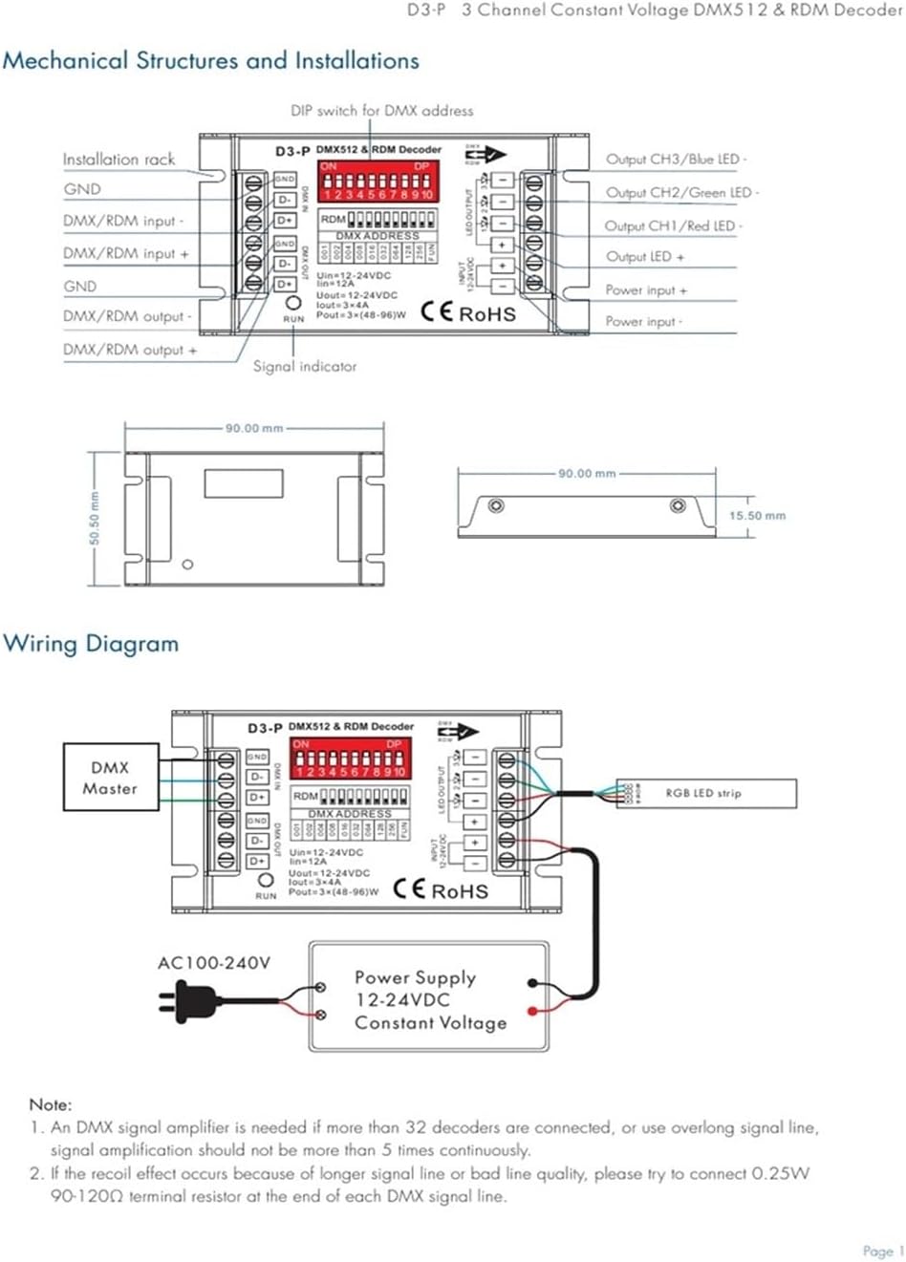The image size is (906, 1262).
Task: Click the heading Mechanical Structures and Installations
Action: [x=210, y=61]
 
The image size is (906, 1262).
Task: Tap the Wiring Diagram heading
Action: [x=91, y=643]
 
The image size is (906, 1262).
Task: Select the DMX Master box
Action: [x=111, y=778]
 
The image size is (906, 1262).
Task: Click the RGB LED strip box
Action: [x=705, y=793]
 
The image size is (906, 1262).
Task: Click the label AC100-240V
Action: [x=213, y=963]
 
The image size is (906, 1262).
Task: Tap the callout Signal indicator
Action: [x=305, y=366]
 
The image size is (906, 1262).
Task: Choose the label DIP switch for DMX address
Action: [x=381, y=111]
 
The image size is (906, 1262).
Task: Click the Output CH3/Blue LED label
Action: [x=676, y=160]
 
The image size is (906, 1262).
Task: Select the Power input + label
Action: [x=646, y=289]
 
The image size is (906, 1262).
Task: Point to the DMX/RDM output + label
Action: [x=130, y=350]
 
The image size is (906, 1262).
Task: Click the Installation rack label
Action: [x=119, y=160]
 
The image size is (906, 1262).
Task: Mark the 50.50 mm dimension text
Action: [x=95, y=519]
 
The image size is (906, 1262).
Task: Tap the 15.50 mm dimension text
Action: [x=757, y=516]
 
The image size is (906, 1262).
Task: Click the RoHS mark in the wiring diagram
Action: [x=460, y=890]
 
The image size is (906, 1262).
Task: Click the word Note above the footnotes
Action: [x=50, y=1104]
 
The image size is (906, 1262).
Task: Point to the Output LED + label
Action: [x=645, y=257]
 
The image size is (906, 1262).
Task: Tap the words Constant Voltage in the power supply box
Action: [x=430, y=1022]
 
